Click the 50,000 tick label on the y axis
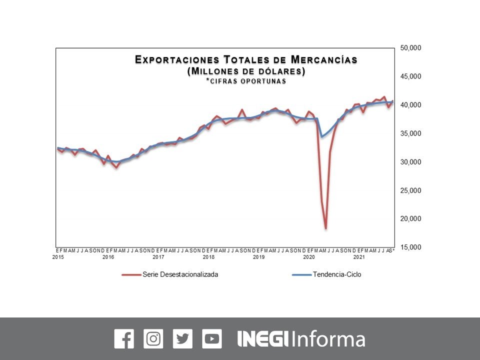pos(411,48)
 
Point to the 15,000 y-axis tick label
pos(411,247)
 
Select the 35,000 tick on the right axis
pos(411,133)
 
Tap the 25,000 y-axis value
pos(411,190)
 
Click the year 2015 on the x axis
pos(58,257)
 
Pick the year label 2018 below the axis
pos(209,257)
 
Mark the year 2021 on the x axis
pos(359,257)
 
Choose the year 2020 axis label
pos(309,257)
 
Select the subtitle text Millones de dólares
pos(246,71)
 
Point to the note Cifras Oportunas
pos(246,81)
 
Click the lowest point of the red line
pos(325,228)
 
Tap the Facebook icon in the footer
pos(124,339)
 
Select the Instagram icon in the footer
pos(153,339)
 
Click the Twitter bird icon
pos(182,339)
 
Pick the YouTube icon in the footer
pos(212,339)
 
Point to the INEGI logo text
pos(262,339)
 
